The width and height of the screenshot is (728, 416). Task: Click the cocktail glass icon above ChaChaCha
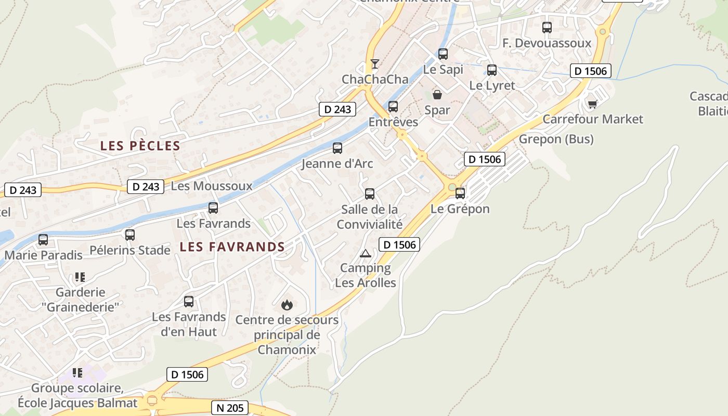[x=374, y=64]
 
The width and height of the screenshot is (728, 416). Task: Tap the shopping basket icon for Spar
[x=437, y=95]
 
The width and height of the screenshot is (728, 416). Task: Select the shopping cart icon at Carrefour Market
[x=592, y=104]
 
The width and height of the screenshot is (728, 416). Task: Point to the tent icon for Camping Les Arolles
[x=366, y=253]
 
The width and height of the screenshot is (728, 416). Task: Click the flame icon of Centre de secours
[x=287, y=305]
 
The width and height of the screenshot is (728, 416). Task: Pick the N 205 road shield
[x=229, y=408]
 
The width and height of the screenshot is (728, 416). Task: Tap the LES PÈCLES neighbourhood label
[x=140, y=146]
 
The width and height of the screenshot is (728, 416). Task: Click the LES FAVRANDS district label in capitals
[x=232, y=247]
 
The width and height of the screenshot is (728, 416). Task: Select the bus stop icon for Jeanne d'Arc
[x=337, y=148]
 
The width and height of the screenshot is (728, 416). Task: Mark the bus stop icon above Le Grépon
[x=460, y=193]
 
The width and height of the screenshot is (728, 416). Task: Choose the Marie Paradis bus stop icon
[x=43, y=240]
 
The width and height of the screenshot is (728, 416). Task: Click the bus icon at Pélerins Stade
[x=130, y=235]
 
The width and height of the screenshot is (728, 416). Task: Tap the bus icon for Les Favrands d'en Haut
[x=189, y=302]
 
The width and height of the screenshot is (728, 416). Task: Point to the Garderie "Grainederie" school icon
[x=80, y=277]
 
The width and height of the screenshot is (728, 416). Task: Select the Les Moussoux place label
[x=211, y=186]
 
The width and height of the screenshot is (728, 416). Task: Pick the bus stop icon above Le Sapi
[x=443, y=54]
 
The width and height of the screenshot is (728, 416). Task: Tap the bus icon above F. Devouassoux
[x=547, y=28]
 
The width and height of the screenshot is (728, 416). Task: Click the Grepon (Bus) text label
[x=556, y=139]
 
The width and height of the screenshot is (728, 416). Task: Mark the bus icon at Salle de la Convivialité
[x=370, y=194]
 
